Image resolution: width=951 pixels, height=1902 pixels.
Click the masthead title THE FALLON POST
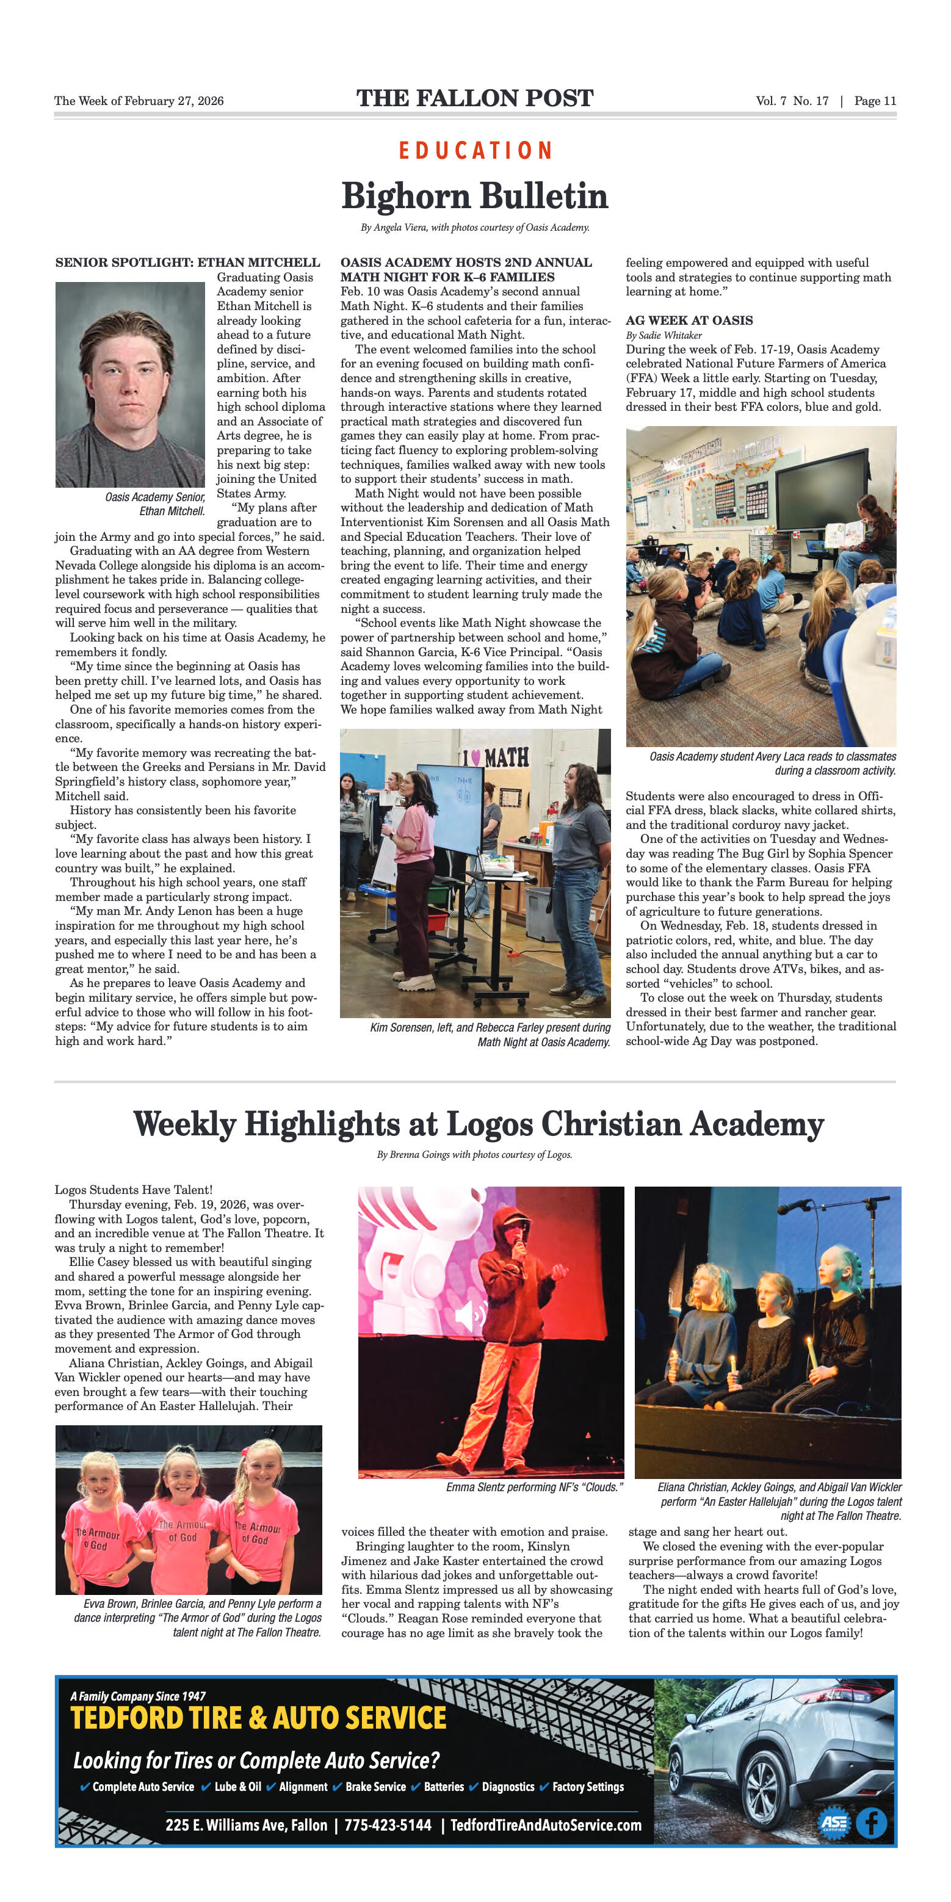tap(475, 98)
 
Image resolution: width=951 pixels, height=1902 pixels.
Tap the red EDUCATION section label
tap(475, 151)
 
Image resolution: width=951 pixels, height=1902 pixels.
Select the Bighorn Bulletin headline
tap(475, 197)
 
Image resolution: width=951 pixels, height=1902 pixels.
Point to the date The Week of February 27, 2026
tap(139, 101)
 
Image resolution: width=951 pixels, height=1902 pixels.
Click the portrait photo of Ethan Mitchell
tap(130, 384)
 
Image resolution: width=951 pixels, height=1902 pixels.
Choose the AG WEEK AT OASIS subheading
tap(689, 320)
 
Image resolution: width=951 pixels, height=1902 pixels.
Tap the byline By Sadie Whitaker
tap(663, 335)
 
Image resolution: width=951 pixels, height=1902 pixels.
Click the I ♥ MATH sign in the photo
tap(496, 757)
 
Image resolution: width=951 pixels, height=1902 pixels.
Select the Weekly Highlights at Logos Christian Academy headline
tap(479, 1124)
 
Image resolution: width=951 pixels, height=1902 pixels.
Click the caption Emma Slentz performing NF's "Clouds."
tap(535, 1487)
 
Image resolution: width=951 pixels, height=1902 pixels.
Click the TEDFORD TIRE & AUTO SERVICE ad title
tap(258, 1718)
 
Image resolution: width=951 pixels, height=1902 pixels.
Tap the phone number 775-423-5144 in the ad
tap(388, 1824)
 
